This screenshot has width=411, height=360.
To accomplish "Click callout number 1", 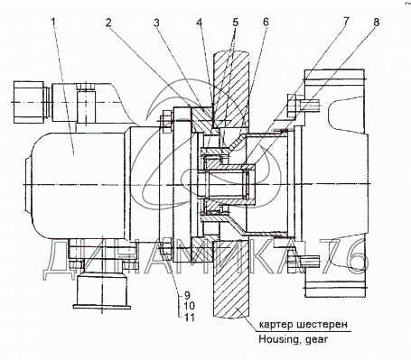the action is (54, 23).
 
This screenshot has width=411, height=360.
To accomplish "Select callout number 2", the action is (108, 23).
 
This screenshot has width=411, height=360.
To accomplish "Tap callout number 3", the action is (156, 23).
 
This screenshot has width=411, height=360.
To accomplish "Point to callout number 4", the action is (200, 23).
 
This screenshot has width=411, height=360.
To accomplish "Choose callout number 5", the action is (235, 23).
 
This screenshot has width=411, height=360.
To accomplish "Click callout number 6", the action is (266, 23).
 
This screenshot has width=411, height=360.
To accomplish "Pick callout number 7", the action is (345, 22).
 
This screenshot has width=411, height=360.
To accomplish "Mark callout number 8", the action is (376, 23).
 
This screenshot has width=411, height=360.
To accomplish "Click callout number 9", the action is (187, 294).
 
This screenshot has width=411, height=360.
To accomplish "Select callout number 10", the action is (189, 306).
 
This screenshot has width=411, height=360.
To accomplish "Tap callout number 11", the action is (189, 318).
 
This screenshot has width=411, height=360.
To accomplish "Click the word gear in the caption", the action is (316, 340).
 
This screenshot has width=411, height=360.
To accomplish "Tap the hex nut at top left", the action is (29, 102).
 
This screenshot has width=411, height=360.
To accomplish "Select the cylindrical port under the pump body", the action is (101, 291).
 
